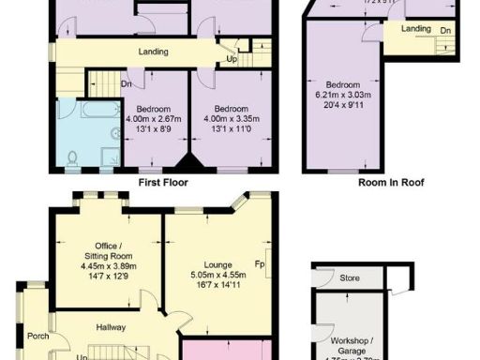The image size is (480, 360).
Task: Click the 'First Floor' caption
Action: point(165,184)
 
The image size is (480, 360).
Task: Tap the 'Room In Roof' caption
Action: point(392,184)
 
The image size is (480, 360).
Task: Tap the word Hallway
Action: point(112,327)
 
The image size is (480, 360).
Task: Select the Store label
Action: point(350,277)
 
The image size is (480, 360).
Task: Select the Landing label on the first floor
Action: point(153,52)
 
